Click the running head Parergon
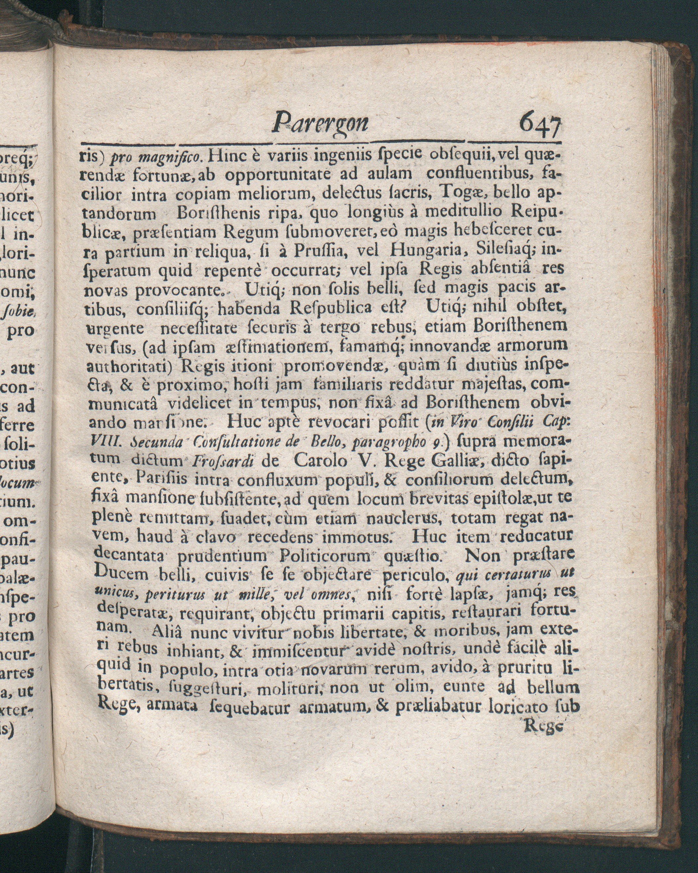click(x=320, y=122)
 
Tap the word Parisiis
click(x=162, y=479)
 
